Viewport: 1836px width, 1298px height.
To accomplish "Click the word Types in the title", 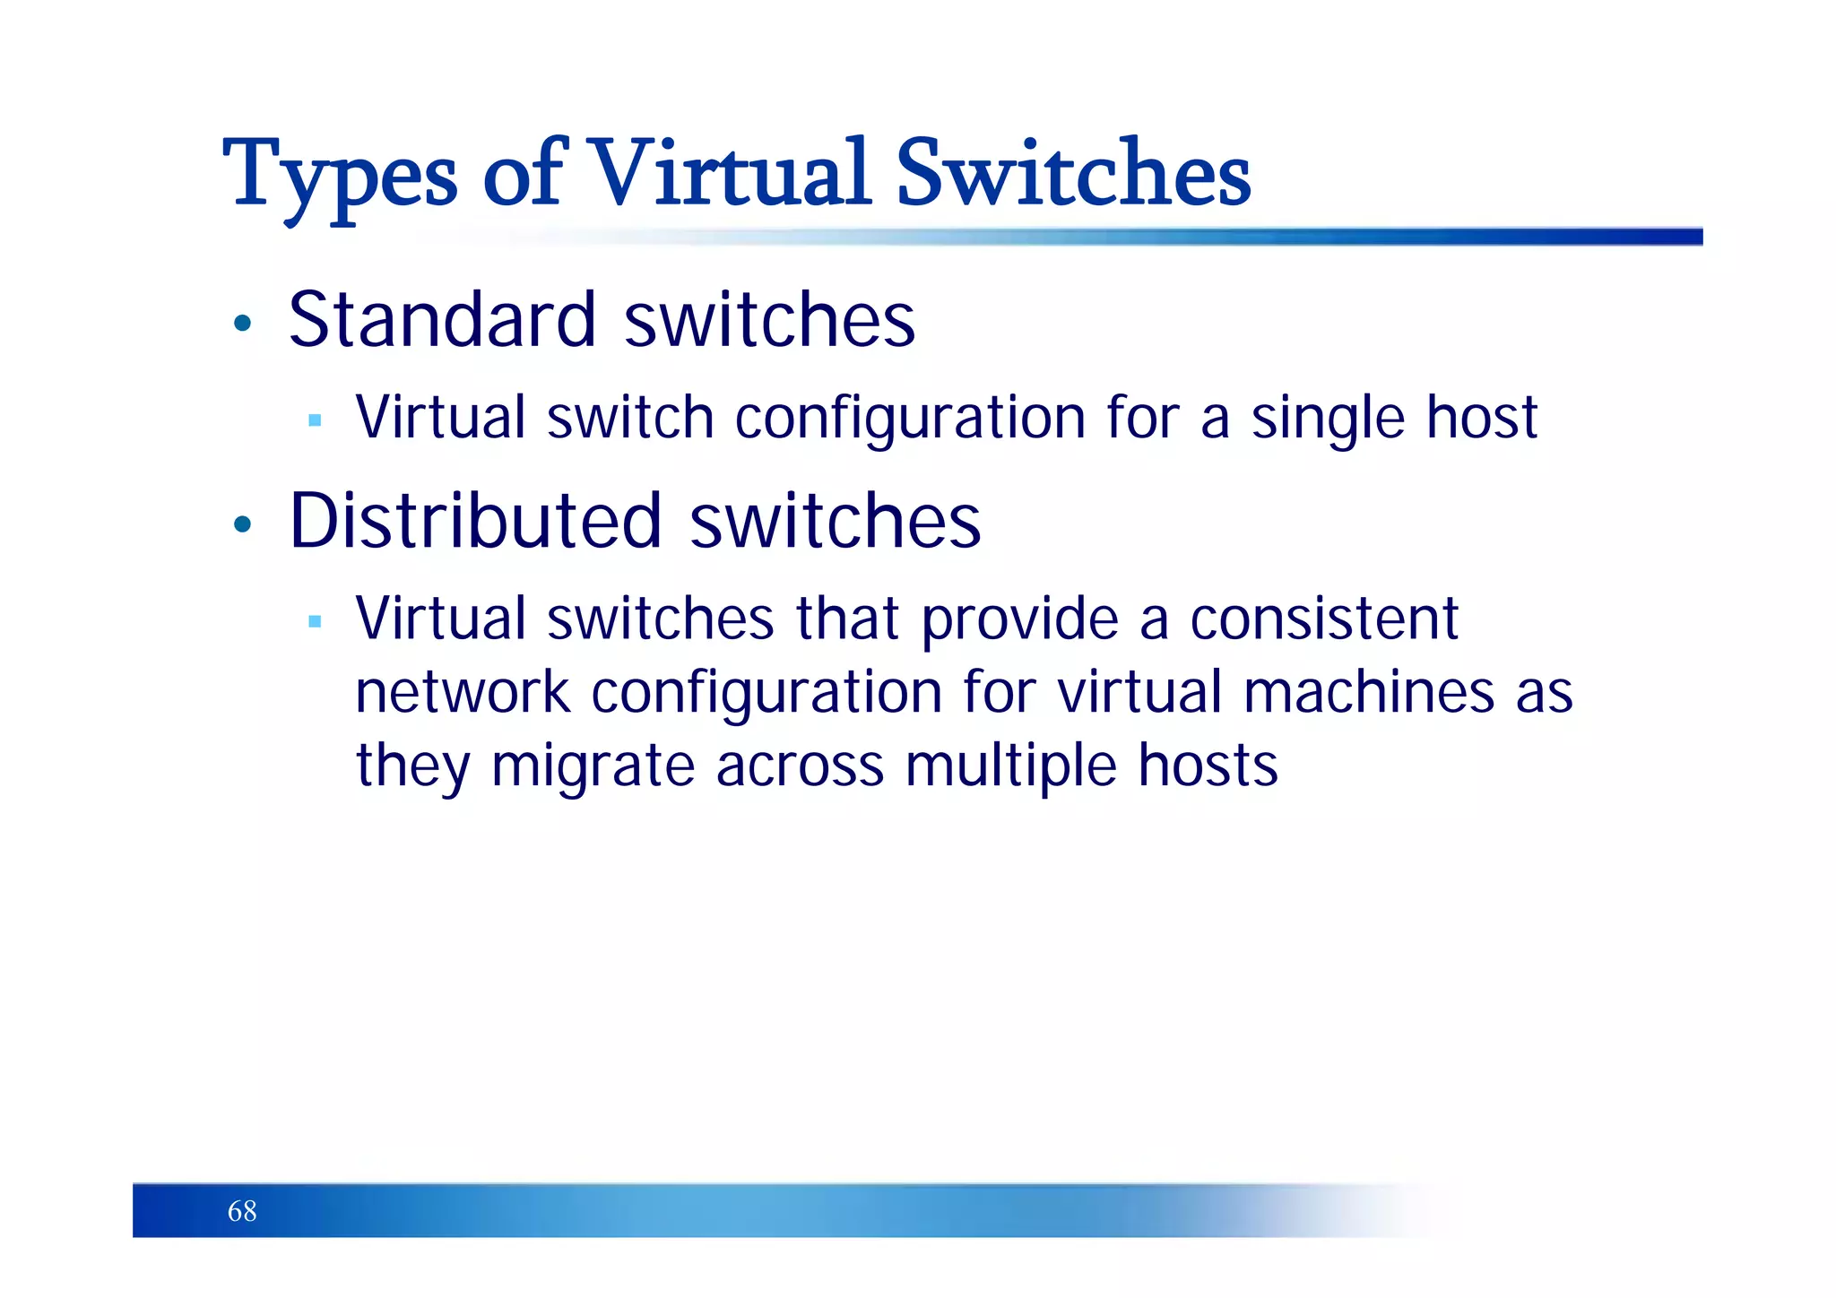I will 341,175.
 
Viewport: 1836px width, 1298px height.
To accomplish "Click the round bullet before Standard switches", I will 241,323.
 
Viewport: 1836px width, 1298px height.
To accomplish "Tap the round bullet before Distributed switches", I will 241,524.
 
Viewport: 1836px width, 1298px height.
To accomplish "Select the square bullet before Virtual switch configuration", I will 314,420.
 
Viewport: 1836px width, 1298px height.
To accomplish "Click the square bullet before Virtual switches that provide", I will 314,620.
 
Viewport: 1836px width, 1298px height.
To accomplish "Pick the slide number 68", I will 242,1211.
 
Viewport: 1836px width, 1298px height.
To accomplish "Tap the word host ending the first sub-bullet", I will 1482,418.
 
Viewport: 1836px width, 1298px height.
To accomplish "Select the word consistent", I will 1324,619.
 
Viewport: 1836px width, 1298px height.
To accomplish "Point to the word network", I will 463,693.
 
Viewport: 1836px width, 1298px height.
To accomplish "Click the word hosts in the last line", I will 1208,766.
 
